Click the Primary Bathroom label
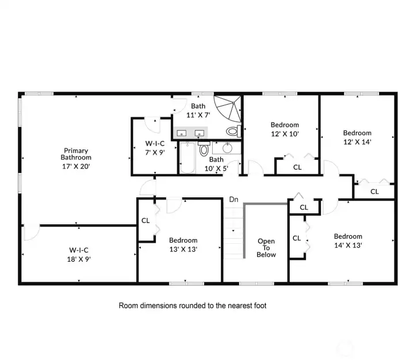76,157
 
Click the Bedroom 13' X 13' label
183,244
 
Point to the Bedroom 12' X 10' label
285,129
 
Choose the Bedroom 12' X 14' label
357,137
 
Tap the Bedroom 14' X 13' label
348,240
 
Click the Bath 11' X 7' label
198,110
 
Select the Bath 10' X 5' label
217,164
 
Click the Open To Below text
266,248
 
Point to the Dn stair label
233,200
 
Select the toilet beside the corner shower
233,132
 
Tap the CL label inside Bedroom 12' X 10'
297,167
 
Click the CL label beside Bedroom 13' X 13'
145,220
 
